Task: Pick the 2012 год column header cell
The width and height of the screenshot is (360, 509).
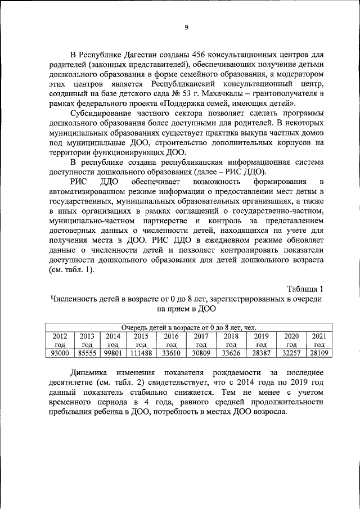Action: point(60,340)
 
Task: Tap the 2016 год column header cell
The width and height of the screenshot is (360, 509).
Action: point(171,340)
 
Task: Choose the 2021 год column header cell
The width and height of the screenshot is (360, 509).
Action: point(319,340)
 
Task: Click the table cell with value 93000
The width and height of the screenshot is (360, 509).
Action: point(60,353)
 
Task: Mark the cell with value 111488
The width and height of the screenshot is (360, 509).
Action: point(141,353)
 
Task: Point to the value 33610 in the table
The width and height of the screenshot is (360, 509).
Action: point(171,353)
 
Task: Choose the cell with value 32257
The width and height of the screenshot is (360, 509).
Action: point(291,353)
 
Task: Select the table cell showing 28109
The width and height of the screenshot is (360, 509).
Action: point(319,353)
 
